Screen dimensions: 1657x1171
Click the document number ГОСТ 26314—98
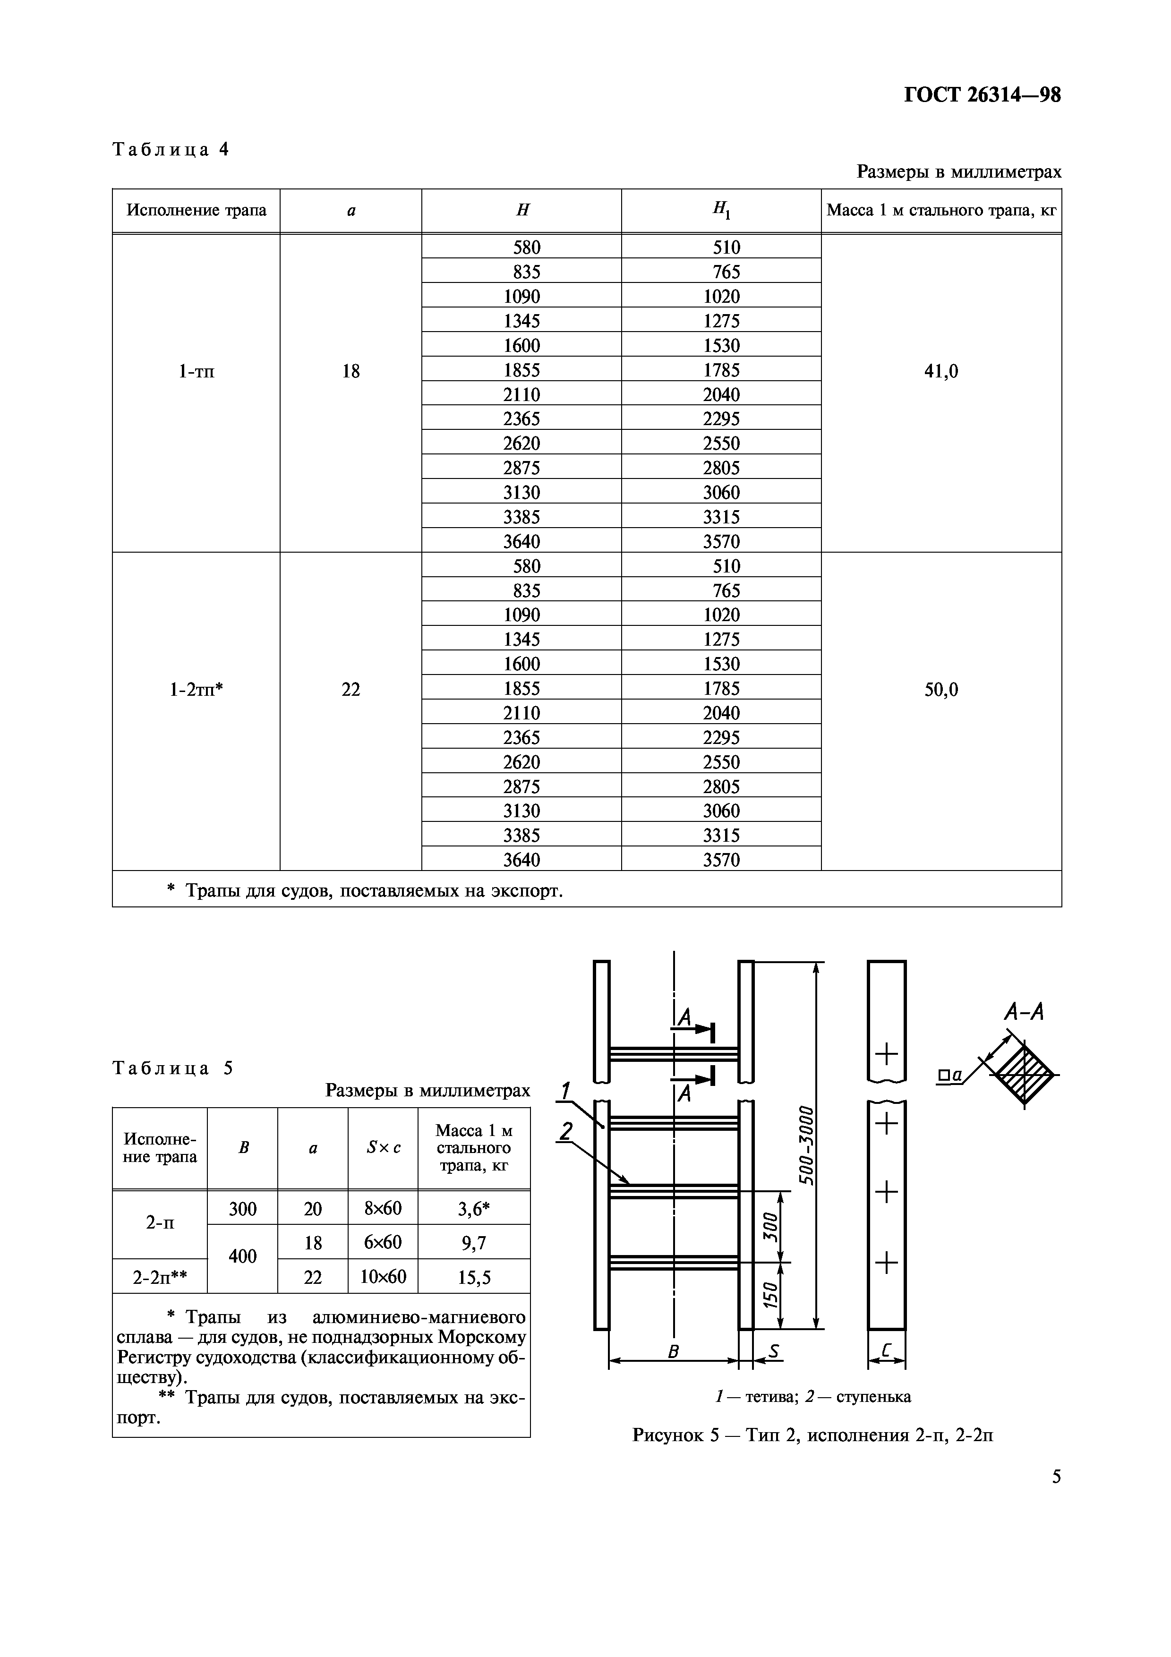pyautogui.click(x=982, y=95)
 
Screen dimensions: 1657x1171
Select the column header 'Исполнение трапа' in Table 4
pyautogui.click(x=196, y=210)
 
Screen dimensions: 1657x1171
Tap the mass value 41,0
pyautogui.click(x=941, y=372)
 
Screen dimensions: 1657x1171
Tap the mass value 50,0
pyautogui.click(x=941, y=690)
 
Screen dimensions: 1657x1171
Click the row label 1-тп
pyautogui.click(x=196, y=372)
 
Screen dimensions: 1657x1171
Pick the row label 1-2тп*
pyautogui.click(x=196, y=690)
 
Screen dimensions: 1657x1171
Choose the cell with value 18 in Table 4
pyautogui.click(x=350, y=372)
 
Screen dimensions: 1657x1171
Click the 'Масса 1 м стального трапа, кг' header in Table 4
pyautogui.click(x=941, y=210)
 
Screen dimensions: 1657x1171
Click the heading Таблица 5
pyautogui.click(x=173, y=1068)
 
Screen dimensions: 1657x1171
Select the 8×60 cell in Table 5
pyautogui.click(x=383, y=1208)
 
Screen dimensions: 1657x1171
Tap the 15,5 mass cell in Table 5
pyautogui.click(x=474, y=1278)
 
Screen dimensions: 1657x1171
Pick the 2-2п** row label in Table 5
pyautogui.click(x=160, y=1278)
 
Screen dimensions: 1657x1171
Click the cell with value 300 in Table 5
pyautogui.click(x=242, y=1208)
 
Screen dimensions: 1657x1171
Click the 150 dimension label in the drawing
pyautogui.click(x=770, y=1296)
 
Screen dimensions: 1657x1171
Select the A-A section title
pyautogui.click(x=1024, y=1012)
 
